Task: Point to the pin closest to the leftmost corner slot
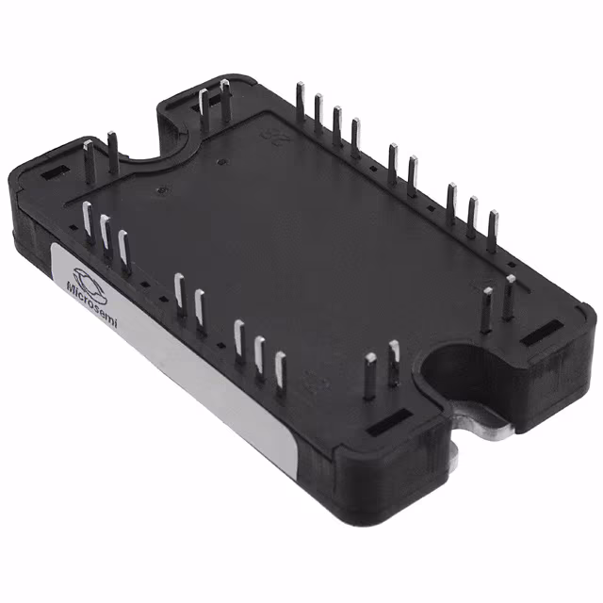tap(88, 157)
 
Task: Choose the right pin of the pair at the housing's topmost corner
tap(225, 101)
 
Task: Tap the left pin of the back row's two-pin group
tap(392, 161)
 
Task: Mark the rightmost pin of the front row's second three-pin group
tap(280, 371)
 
